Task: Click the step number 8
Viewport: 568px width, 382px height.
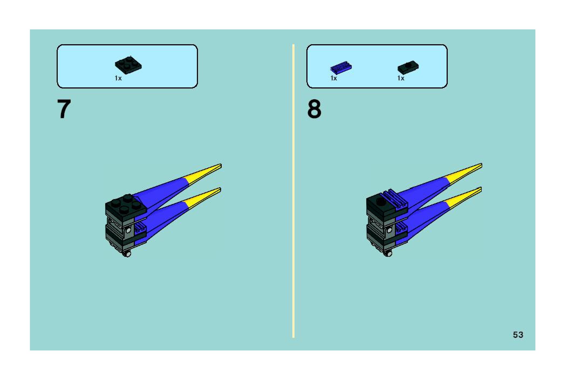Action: (314, 109)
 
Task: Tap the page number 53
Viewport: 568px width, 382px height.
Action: (518, 335)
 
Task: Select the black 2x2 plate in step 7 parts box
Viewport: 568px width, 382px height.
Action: (128, 65)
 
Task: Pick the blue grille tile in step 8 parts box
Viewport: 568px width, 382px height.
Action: (341, 67)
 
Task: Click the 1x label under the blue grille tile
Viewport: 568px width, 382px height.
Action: (334, 78)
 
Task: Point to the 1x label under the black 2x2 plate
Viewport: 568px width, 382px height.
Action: (118, 78)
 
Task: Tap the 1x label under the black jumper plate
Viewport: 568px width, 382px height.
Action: (401, 78)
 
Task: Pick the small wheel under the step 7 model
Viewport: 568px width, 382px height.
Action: (127, 254)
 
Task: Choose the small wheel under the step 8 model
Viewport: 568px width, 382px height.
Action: (388, 253)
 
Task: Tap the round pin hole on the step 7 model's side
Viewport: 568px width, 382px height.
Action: (128, 230)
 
